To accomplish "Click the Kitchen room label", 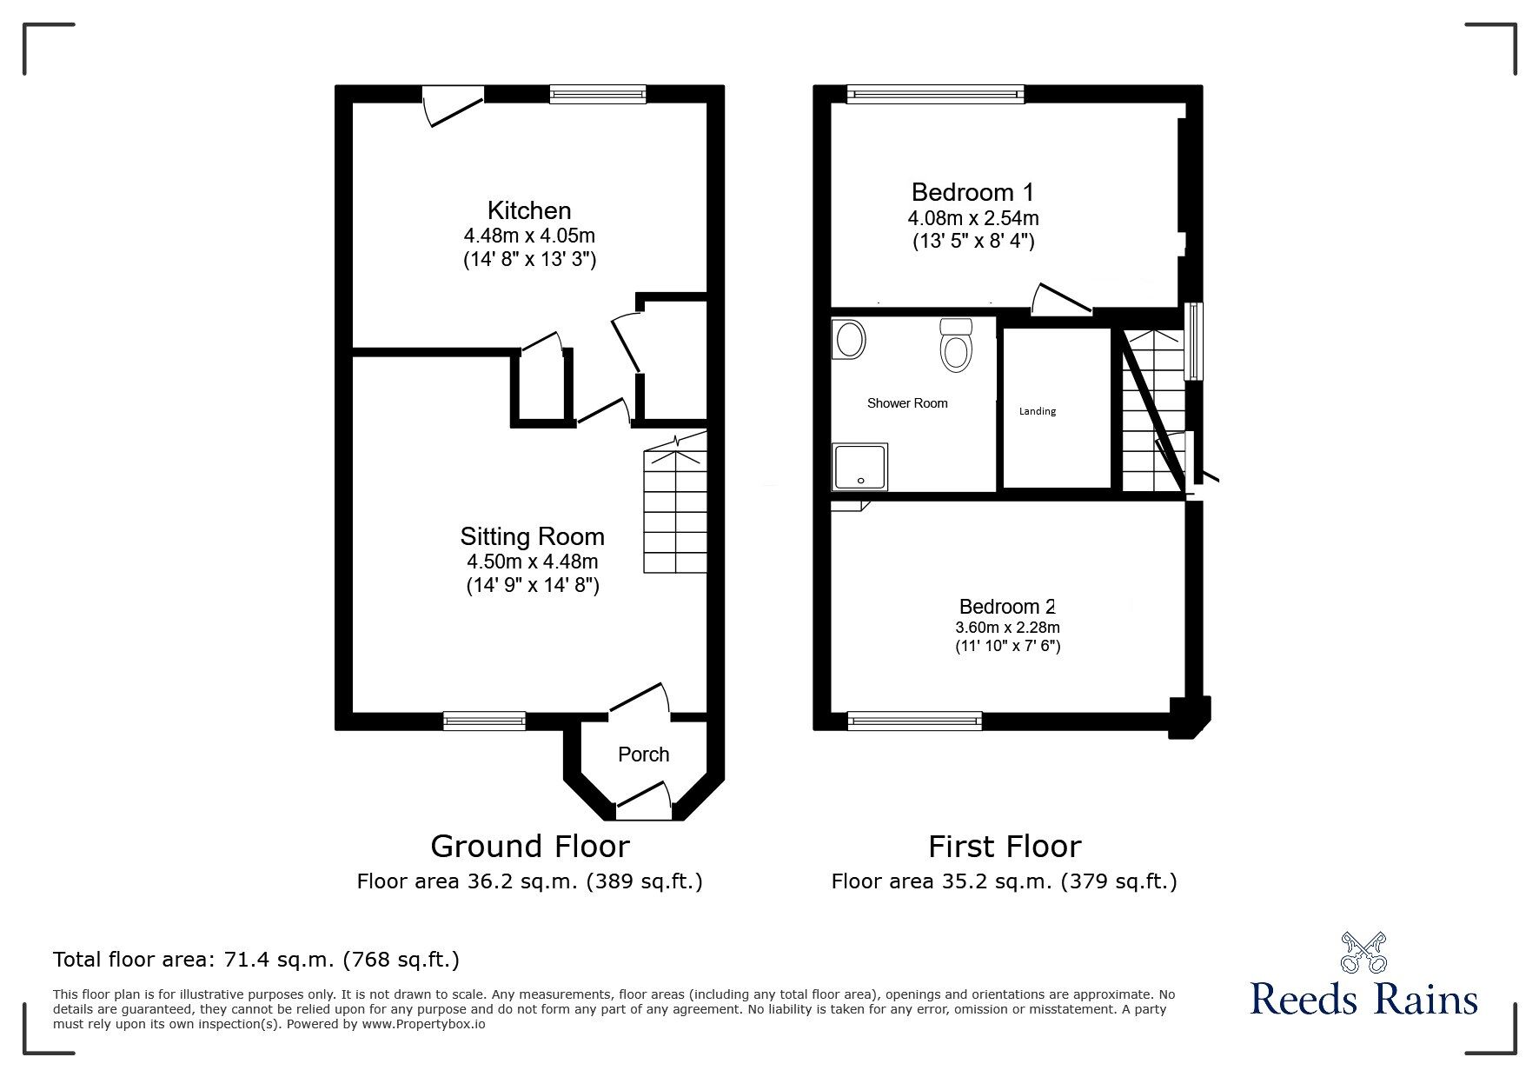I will click(529, 210).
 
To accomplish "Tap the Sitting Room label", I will click(532, 536).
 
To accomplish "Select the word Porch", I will click(643, 755).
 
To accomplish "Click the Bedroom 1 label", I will click(972, 192).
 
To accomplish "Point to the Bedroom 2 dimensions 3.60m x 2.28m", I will click(1007, 628).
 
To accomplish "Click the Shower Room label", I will click(907, 403).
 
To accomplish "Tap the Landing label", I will click(1038, 411).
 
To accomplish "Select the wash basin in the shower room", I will click(849, 339).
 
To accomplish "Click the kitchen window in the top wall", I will click(598, 94).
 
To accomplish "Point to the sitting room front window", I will click(484, 720).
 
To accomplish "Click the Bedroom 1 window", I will click(936, 94).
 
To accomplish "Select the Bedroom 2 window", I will click(914, 720).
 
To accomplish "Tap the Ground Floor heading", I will click(530, 846).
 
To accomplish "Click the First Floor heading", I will click(1005, 846).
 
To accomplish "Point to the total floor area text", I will click(256, 960).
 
